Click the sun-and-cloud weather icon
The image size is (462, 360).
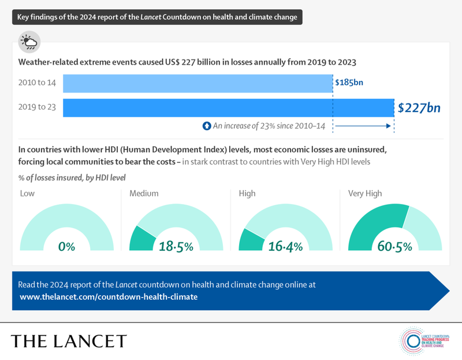click(29, 42)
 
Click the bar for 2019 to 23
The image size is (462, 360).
click(228, 108)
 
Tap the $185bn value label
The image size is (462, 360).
click(349, 83)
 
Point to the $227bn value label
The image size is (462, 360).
click(419, 108)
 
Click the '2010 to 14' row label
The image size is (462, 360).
click(37, 83)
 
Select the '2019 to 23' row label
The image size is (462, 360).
click(37, 108)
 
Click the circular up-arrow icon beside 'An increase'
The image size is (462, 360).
click(206, 125)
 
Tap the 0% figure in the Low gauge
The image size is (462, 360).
click(67, 246)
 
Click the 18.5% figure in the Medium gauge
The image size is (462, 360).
click(177, 246)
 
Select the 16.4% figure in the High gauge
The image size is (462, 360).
click(286, 246)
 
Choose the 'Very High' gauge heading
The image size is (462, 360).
click(365, 194)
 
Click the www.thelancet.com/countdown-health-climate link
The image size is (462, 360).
click(109, 296)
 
